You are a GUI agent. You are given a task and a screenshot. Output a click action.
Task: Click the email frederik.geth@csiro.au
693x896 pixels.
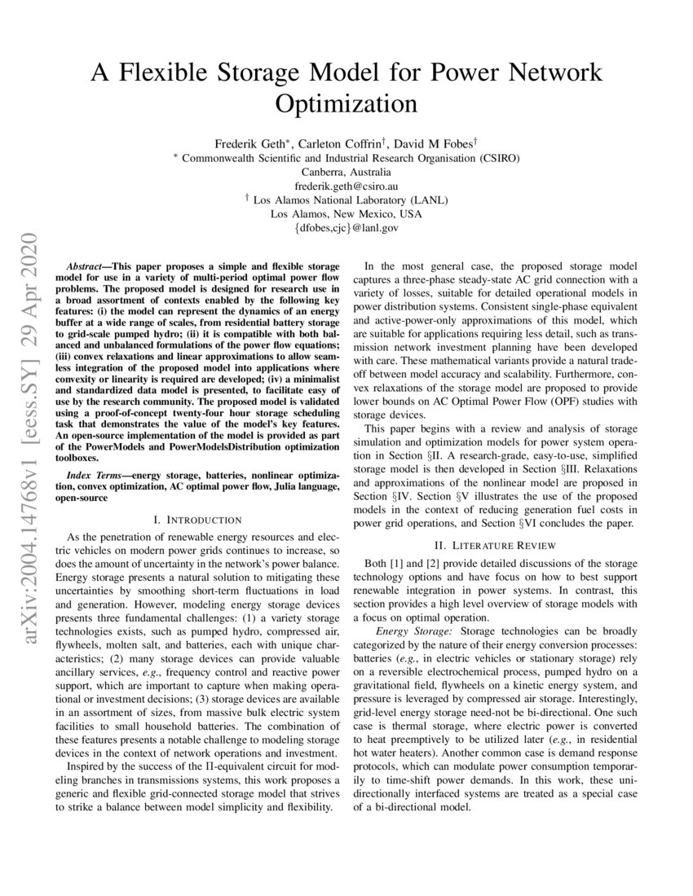coord(346,186)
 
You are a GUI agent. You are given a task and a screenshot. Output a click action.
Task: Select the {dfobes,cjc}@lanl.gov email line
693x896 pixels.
coord(346,229)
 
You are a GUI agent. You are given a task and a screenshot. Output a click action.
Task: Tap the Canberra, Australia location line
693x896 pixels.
coord(346,172)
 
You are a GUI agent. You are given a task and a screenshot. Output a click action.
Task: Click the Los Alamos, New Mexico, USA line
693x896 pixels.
coord(346,214)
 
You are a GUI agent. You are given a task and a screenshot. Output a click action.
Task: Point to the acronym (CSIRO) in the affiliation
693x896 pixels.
coord(495,158)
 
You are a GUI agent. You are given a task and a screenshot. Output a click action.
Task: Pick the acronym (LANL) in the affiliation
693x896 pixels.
coord(430,200)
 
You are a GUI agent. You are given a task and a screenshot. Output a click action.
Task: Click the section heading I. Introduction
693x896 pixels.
coord(197,519)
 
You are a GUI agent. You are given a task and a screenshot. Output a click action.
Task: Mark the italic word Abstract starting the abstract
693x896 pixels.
coord(85,266)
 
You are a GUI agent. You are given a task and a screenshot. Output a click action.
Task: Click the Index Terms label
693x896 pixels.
coord(89,474)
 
